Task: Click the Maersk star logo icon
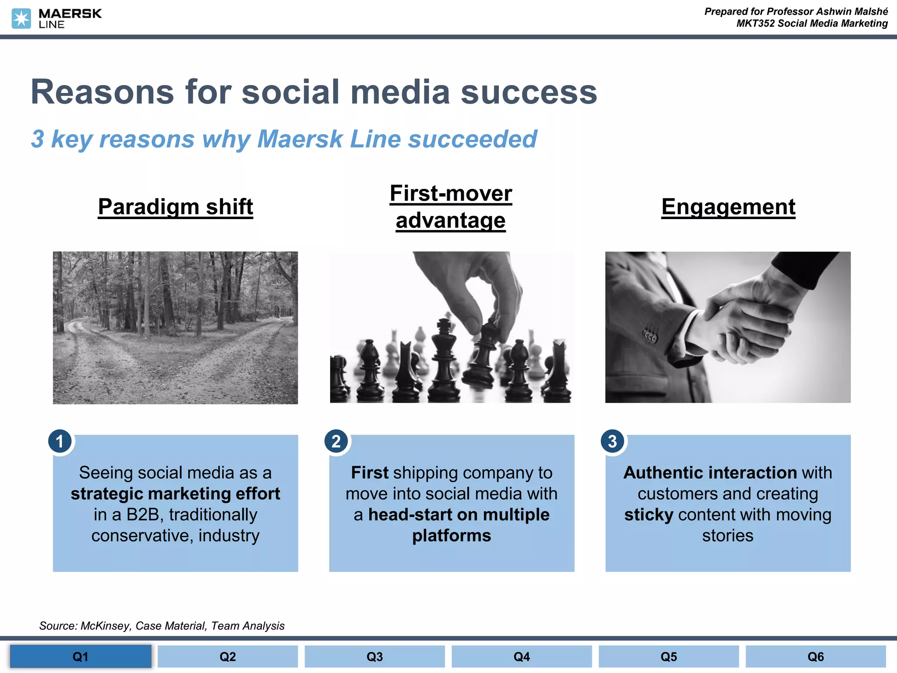tap(21, 18)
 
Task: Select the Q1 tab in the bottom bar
tap(81, 656)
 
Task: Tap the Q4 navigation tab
tap(522, 656)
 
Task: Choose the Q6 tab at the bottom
tap(816, 656)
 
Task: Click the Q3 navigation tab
tap(374, 656)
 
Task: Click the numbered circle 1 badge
tap(60, 441)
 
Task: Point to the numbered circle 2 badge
tap(336, 441)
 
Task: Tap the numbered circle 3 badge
tap(612, 441)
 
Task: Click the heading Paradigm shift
tap(175, 207)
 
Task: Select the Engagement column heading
tap(728, 207)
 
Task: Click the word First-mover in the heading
tap(451, 193)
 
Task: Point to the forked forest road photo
tap(175, 327)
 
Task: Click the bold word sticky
tap(648, 515)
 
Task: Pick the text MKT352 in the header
tap(755, 24)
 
